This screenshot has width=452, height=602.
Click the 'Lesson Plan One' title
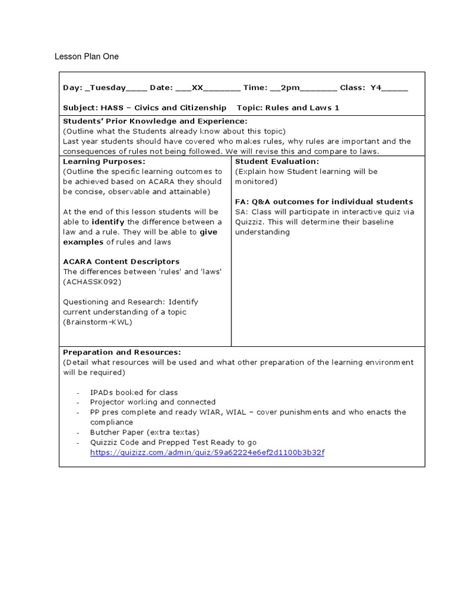pos(87,56)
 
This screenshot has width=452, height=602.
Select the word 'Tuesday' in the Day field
pos(107,88)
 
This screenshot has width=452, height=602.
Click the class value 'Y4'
pos(376,88)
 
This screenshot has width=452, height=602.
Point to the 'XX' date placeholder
pos(197,88)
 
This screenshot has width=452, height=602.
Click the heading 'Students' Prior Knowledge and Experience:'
pos(155,121)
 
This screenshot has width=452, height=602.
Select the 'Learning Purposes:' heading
pos(104,161)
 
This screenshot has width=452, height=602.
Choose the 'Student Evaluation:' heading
pos(277,161)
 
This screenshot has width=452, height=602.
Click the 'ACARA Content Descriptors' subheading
pos(121,262)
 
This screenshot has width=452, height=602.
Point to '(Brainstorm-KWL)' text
pos(98,322)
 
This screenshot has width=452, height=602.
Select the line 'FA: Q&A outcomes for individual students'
pos(324,202)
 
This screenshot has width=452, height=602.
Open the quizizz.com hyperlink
pos(207,452)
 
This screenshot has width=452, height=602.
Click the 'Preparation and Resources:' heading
pos(122,352)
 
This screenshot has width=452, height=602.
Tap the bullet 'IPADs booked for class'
pos(134,392)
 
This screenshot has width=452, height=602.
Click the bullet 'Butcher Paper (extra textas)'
pos(141,432)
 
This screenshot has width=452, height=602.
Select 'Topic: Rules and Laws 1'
pos(288,108)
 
